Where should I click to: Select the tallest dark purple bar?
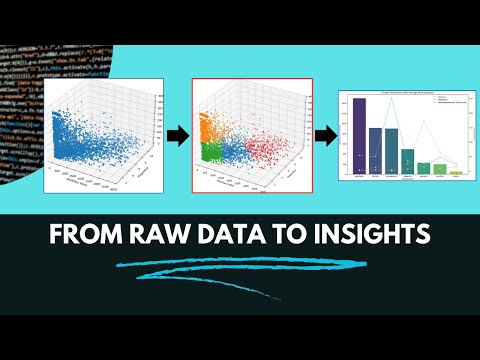tap(359, 137)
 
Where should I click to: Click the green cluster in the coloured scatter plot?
tap(211, 152)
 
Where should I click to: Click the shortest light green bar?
tap(457, 173)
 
